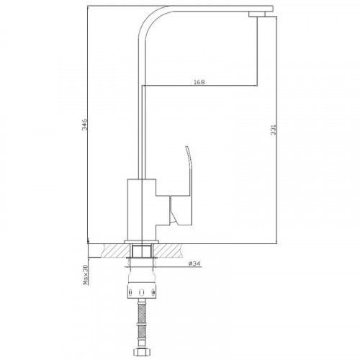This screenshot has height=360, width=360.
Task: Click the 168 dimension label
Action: (199, 82)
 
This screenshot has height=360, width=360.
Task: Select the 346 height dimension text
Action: (85, 124)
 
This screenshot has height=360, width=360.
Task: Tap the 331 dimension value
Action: (274, 130)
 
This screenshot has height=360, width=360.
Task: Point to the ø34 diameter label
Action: (194, 264)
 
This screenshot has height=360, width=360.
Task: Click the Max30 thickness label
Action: (86, 274)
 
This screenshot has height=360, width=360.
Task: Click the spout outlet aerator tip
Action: (257, 14)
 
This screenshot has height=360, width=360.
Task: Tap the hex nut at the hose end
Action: (142, 353)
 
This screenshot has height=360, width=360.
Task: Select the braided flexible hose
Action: (142, 324)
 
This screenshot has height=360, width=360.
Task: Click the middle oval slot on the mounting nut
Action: (142, 292)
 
